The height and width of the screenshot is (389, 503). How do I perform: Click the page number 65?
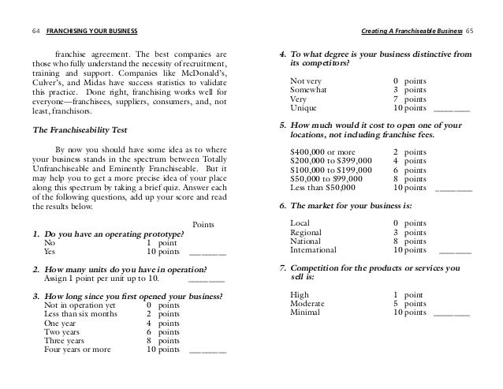click(470, 31)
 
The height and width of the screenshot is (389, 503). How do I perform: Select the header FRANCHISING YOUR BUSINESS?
click(91, 31)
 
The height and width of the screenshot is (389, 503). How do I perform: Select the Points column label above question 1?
click(205, 224)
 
